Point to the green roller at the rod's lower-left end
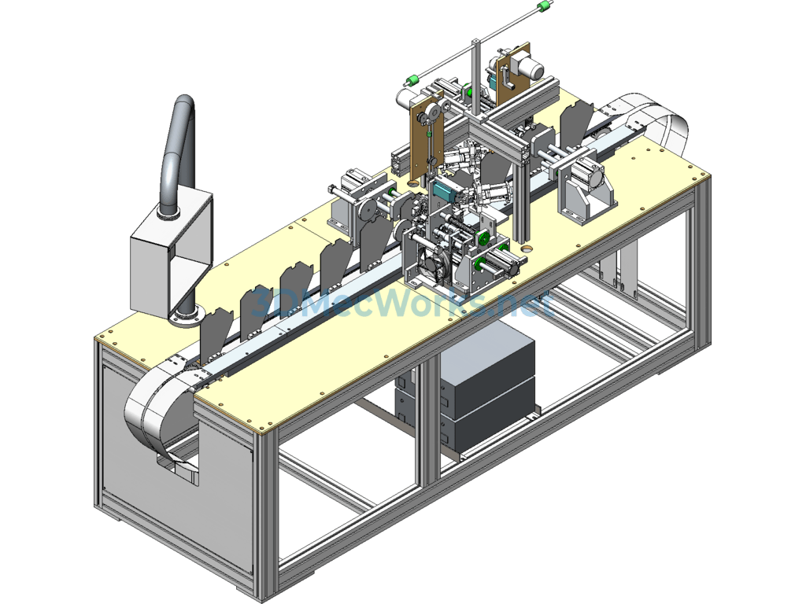point(411,80)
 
